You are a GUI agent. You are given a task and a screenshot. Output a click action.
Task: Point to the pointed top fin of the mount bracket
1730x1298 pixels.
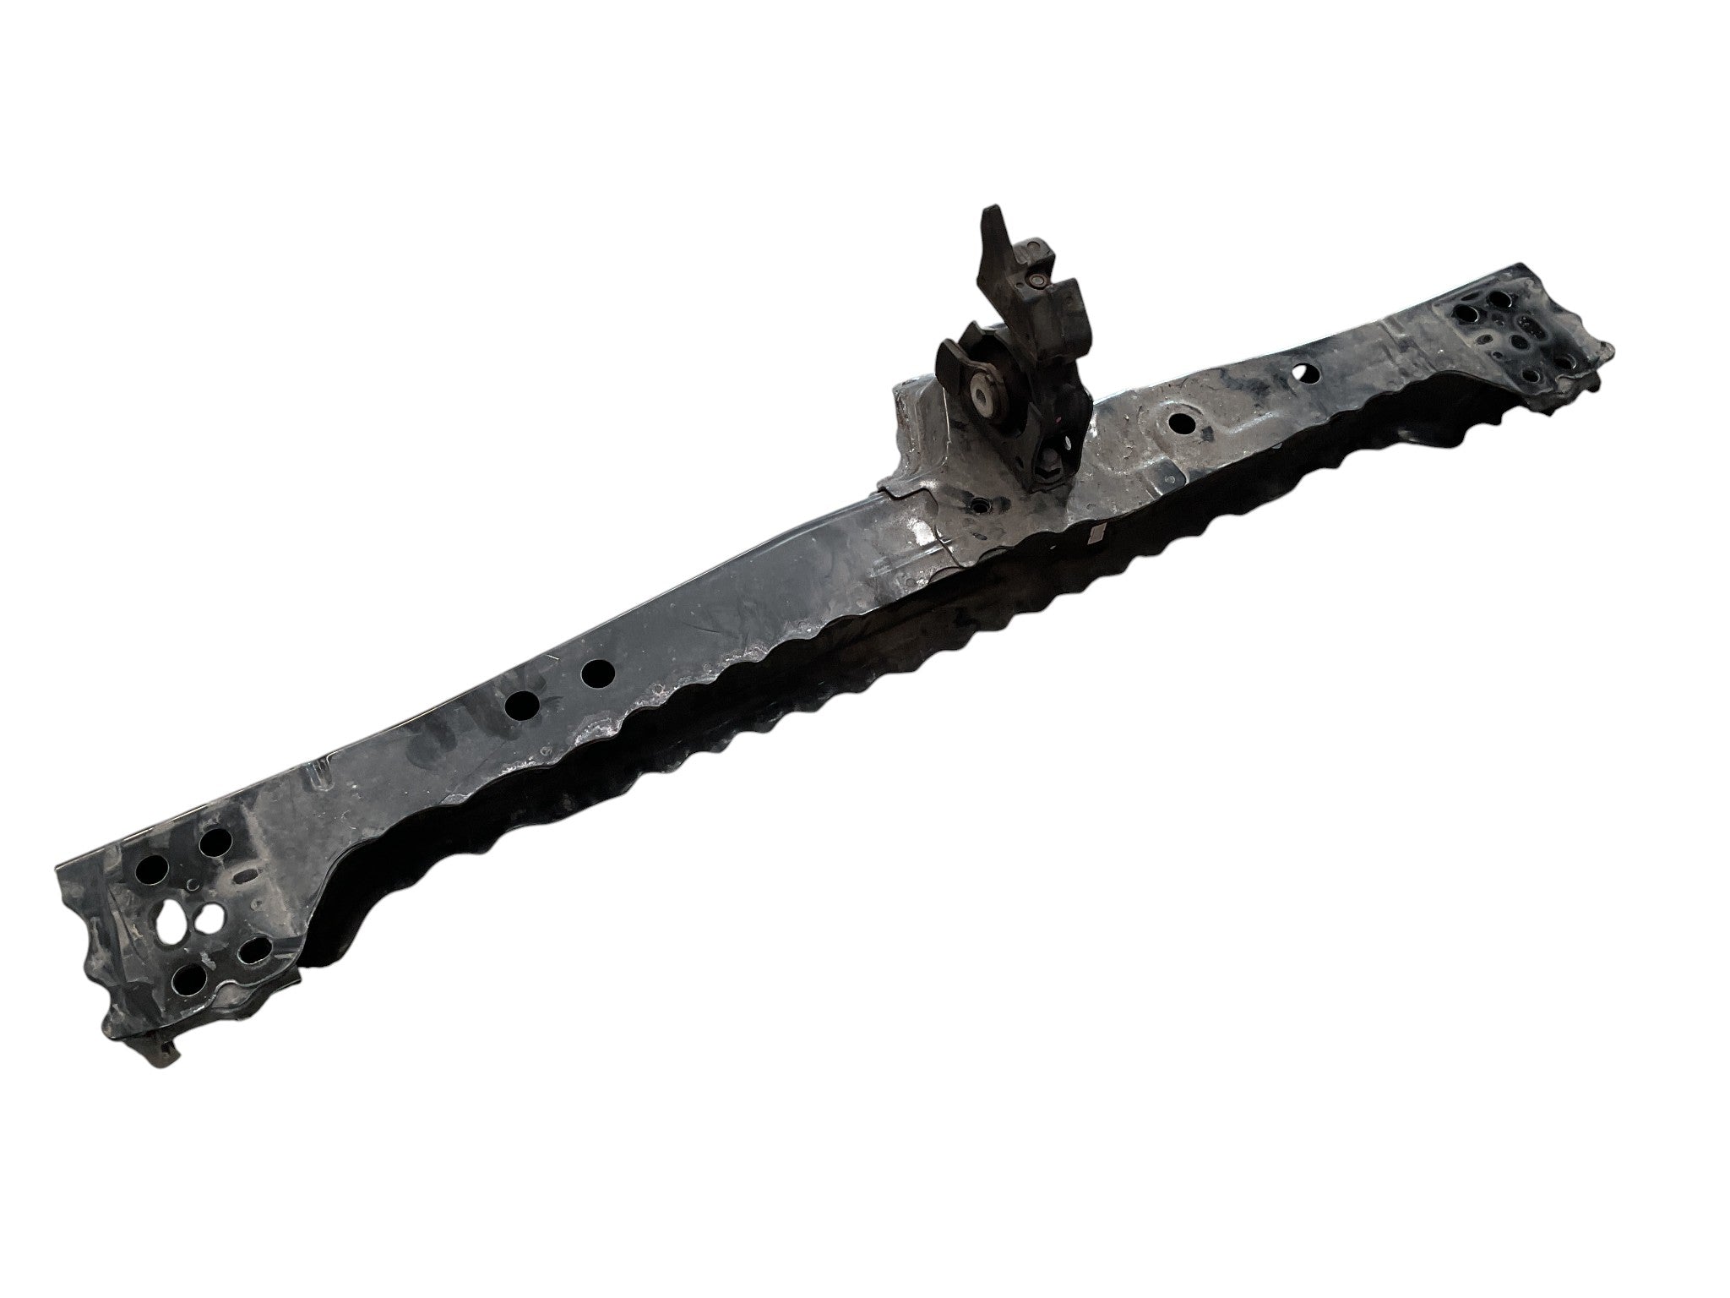click(x=993, y=215)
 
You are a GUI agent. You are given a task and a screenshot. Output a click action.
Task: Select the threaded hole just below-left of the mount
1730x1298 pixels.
click(x=979, y=504)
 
